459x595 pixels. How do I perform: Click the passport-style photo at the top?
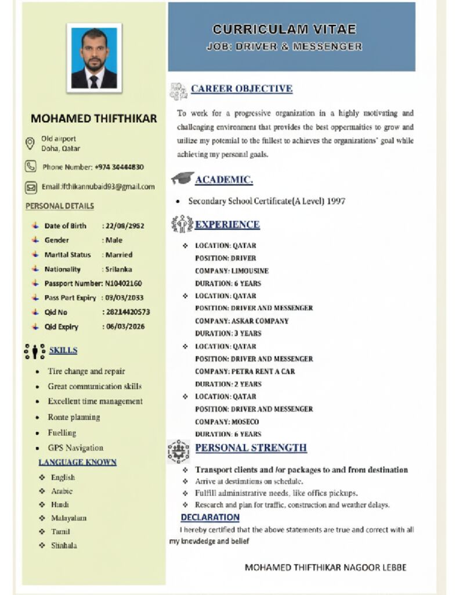point(94,58)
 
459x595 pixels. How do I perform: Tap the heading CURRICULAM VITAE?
point(284,29)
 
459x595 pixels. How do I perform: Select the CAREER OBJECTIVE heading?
point(241,89)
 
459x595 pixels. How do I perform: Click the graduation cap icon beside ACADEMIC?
point(182,179)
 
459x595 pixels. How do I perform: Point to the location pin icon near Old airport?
point(31,143)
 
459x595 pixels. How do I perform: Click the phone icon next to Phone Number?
point(31,167)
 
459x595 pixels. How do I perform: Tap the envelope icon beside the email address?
point(31,187)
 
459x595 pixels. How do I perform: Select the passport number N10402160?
point(124,284)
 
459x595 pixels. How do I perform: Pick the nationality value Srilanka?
point(118,269)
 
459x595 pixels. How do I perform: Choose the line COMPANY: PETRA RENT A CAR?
point(245,371)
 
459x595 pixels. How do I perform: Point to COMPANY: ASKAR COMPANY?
point(241,321)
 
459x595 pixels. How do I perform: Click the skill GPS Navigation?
point(75,448)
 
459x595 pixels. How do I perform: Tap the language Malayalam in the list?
point(68,518)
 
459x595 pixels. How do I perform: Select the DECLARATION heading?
point(210,517)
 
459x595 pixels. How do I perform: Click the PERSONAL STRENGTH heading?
point(251,448)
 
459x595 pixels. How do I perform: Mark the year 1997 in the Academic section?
point(336,201)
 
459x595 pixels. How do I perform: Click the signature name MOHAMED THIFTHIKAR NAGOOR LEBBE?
point(326,567)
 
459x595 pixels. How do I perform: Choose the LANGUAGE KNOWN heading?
point(77,463)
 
